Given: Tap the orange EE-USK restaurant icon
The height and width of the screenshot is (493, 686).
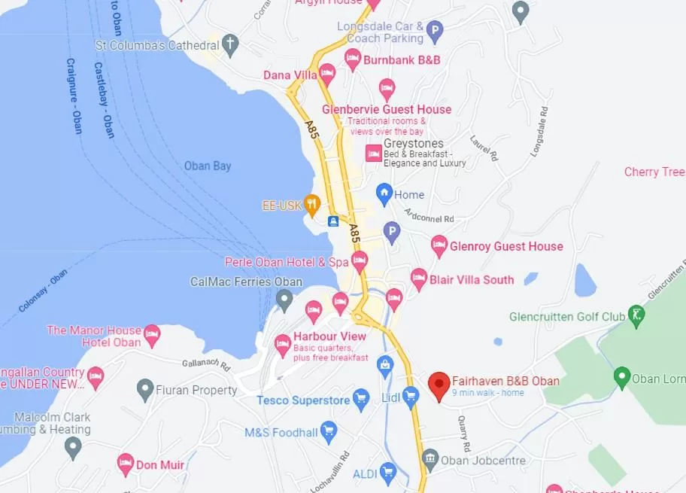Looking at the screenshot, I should click(x=311, y=203).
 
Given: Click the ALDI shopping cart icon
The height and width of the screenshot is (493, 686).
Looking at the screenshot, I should click(x=387, y=472).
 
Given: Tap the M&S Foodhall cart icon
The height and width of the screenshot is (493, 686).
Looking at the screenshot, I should click(x=328, y=431).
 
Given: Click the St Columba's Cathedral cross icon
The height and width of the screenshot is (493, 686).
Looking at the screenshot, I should click(x=231, y=44).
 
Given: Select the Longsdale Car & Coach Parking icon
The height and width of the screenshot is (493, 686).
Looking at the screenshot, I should click(x=434, y=32).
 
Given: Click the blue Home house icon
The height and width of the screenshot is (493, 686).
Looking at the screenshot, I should click(x=384, y=193).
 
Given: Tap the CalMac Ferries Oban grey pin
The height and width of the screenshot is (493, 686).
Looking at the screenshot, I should click(x=284, y=300).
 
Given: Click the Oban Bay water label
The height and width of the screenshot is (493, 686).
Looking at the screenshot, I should click(x=208, y=166).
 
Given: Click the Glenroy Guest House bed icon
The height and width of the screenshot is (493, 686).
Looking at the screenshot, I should click(x=439, y=245).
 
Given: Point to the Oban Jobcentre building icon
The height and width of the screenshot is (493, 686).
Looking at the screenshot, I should click(x=430, y=458).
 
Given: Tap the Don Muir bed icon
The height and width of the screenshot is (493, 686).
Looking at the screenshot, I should click(x=125, y=464).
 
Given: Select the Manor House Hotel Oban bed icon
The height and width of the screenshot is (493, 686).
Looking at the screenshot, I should click(x=153, y=333).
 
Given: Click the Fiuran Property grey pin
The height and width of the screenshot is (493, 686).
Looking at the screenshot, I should click(x=145, y=389).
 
